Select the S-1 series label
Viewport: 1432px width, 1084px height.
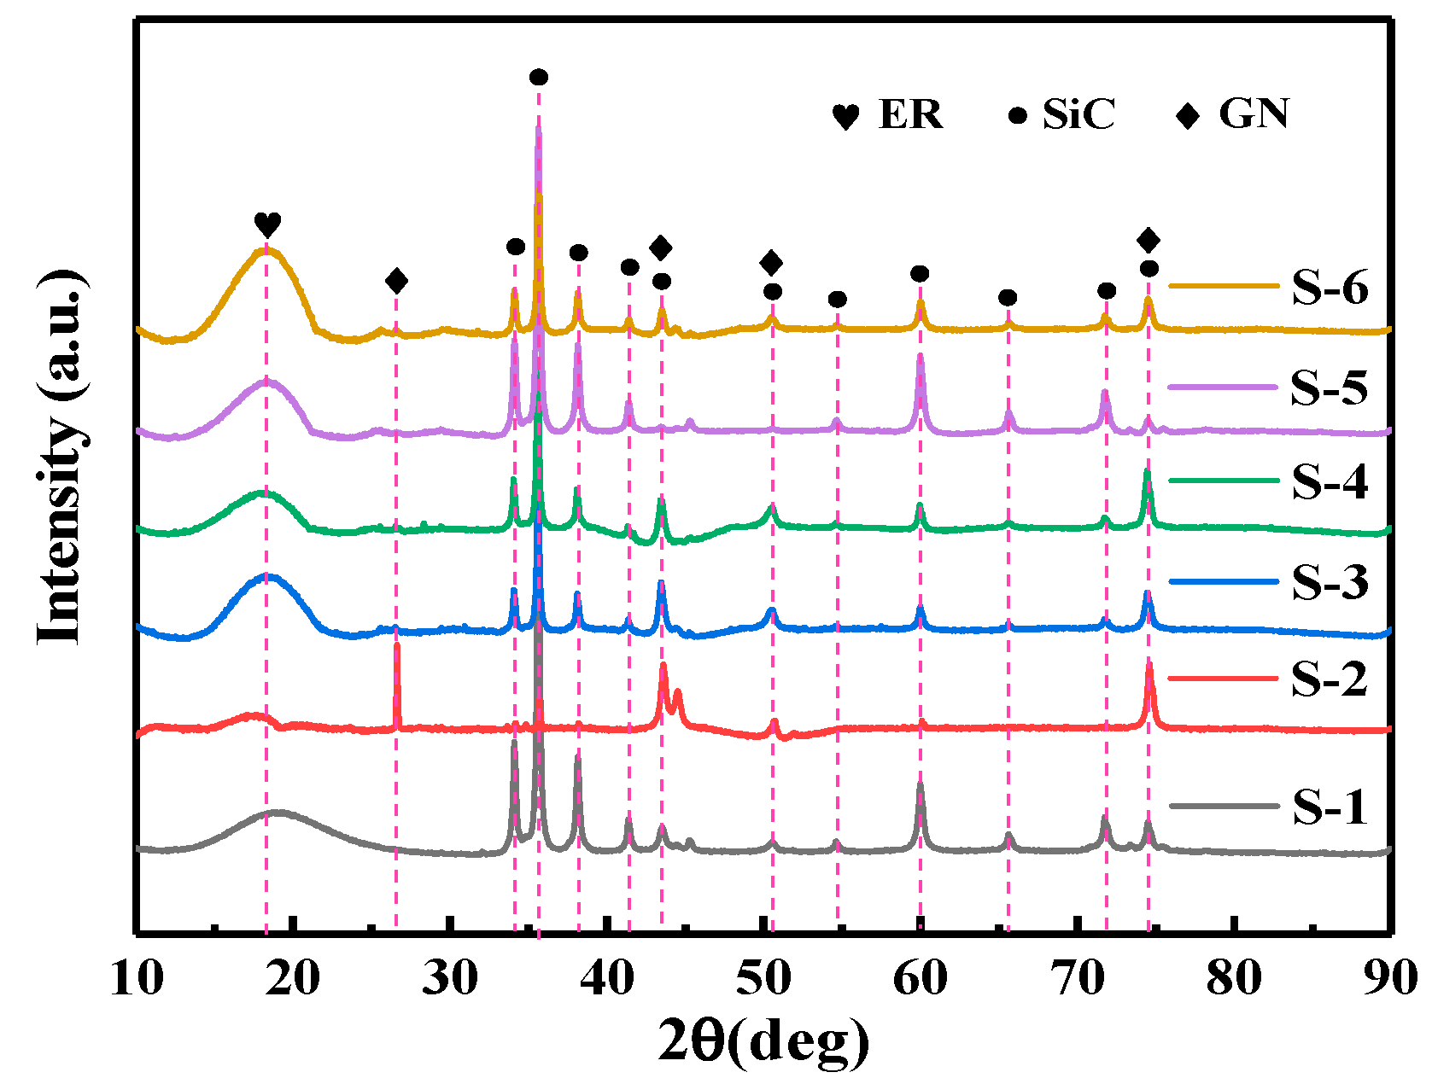(x=1329, y=807)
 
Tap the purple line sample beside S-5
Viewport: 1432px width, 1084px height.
(x=1223, y=387)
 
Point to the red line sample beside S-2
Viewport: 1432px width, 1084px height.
(x=1223, y=679)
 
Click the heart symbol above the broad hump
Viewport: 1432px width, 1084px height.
(x=267, y=225)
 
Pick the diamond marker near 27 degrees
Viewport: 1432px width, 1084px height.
(x=396, y=281)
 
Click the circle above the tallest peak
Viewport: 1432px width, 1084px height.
(x=539, y=78)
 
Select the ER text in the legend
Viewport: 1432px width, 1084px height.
(x=910, y=114)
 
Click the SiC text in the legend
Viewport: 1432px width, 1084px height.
(x=1078, y=114)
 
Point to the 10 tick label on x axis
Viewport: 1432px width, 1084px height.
(x=137, y=978)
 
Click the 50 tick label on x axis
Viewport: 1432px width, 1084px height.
(x=763, y=978)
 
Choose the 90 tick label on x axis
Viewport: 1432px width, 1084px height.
(x=1390, y=978)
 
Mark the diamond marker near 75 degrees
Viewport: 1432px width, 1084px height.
(x=1149, y=240)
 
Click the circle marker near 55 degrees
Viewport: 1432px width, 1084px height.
(x=837, y=300)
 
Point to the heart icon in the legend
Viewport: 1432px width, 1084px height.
(x=845, y=117)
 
